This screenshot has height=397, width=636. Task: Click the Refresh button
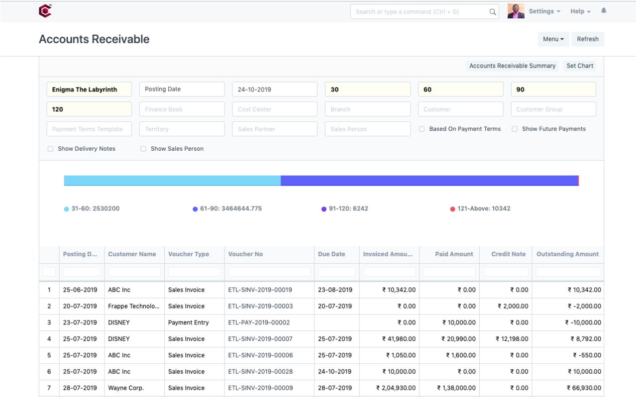tap(588, 39)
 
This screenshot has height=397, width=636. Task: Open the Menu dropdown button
tap(553, 39)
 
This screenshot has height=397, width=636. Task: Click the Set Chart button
tap(580, 66)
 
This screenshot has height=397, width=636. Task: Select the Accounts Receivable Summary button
tap(512, 66)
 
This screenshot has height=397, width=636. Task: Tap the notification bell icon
tap(604, 10)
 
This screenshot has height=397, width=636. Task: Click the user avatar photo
tap(516, 11)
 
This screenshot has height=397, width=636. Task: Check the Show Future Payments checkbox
tap(515, 129)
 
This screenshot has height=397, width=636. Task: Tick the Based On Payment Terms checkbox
tap(422, 129)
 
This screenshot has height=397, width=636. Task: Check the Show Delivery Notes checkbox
tap(50, 149)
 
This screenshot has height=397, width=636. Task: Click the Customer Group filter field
tap(553, 109)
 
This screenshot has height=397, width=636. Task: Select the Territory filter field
tap(182, 129)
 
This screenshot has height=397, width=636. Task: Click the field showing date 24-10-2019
tap(274, 90)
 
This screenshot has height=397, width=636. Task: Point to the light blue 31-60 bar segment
tap(172, 181)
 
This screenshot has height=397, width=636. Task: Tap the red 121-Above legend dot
tap(452, 209)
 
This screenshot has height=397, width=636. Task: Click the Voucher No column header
tap(245, 254)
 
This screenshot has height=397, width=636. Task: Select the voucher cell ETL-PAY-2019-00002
tap(259, 322)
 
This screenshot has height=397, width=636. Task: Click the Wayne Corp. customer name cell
tap(126, 388)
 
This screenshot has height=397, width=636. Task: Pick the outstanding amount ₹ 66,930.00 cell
tap(584, 388)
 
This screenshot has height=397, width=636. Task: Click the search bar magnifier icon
tap(493, 12)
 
